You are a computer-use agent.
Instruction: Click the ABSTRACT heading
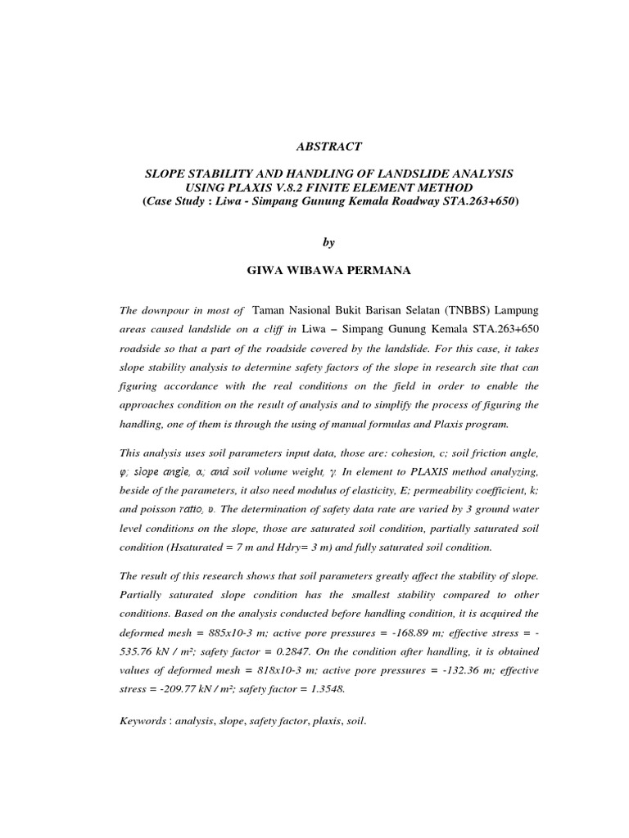[328, 147]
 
